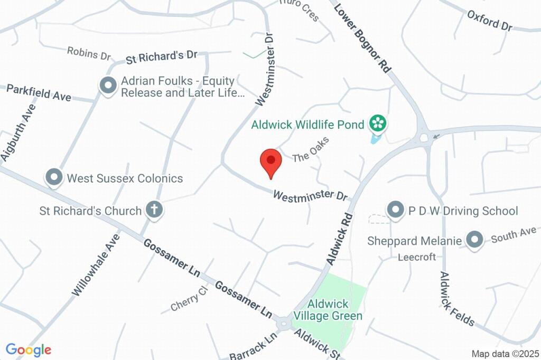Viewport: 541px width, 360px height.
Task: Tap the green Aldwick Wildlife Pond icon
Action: pos(378,124)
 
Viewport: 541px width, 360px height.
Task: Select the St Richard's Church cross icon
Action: pos(154,210)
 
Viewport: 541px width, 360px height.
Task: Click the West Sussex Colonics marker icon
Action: pos(53,178)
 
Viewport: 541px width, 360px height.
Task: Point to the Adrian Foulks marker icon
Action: pos(108,86)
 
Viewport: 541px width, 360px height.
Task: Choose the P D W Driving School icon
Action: pos(395,210)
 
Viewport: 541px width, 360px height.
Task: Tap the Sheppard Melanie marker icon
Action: pos(475,240)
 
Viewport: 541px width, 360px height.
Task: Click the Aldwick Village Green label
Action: pos(328,310)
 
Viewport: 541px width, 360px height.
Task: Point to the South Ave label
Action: pos(514,235)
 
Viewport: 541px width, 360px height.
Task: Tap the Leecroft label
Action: pos(417,257)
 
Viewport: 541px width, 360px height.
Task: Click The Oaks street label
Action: pos(311,149)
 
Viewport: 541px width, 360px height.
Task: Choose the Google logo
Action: pos(29,349)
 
